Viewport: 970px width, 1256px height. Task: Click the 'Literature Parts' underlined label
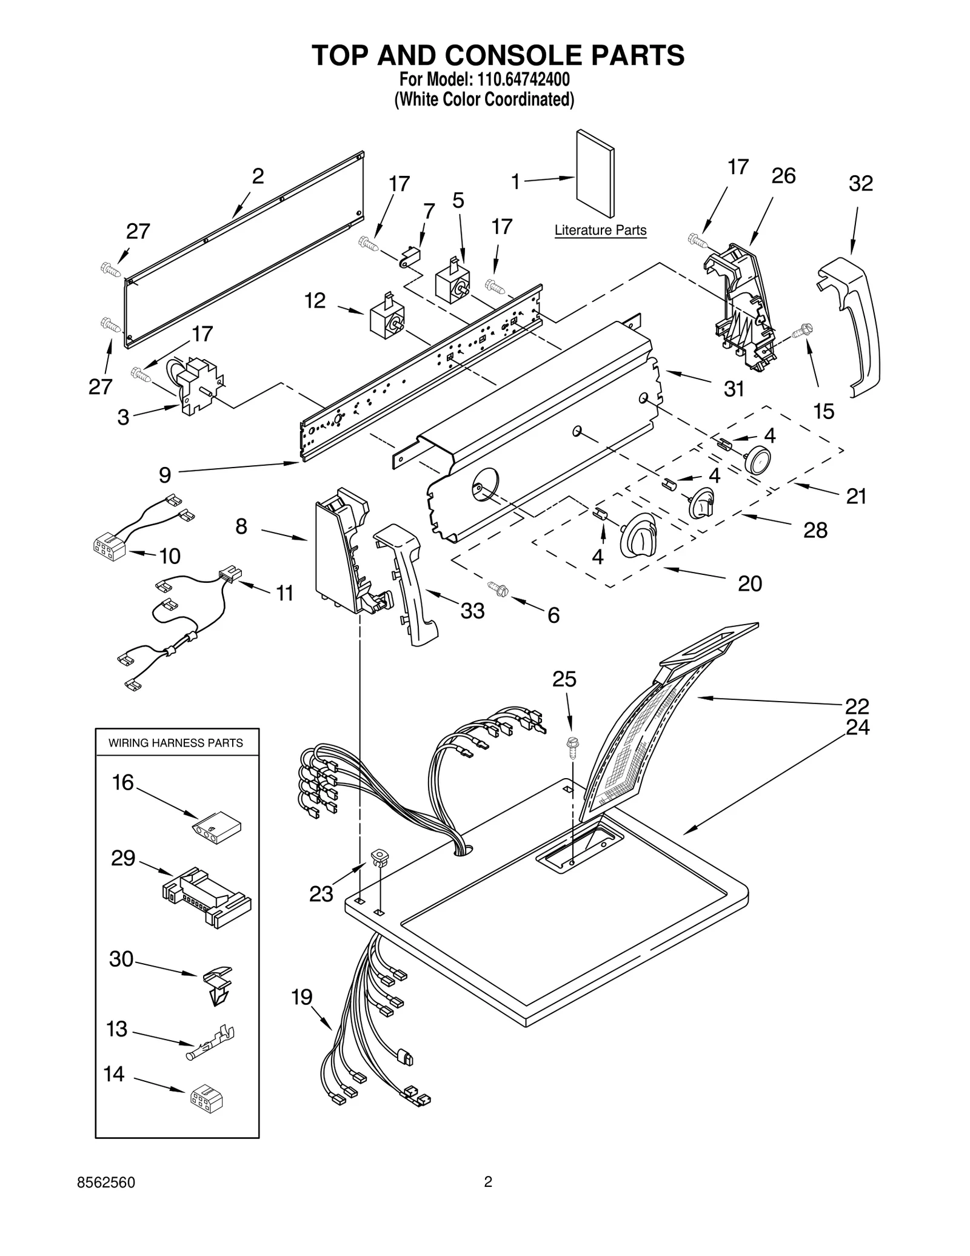coord(600,230)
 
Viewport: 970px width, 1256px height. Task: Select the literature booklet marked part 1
coord(595,173)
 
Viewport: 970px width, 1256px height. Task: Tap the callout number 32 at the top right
coord(860,184)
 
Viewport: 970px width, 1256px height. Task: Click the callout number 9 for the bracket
coord(165,475)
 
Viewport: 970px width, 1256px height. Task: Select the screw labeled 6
coord(499,588)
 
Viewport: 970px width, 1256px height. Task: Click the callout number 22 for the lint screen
coord(857,706)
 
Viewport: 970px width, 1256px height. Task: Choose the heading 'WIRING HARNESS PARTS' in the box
coord(176,743)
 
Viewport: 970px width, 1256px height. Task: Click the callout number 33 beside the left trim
coord(472,611)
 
